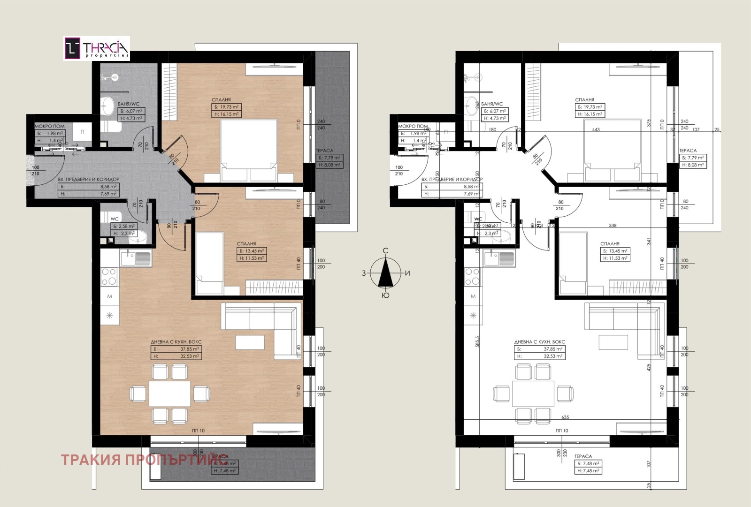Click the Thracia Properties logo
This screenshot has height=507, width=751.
pos(97,48)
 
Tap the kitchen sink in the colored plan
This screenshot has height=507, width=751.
pos(136,258)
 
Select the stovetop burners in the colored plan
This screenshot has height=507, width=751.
pos(109,276)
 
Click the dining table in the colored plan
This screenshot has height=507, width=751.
pos(169,393)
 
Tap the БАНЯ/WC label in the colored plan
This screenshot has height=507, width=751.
pos(128,104)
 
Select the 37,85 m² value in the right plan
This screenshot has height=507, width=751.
pos(553,349)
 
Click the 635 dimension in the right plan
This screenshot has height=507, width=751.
pos(565,417)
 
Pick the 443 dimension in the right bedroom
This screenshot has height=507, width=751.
pos(596,130)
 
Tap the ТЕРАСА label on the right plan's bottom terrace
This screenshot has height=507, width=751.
pos(583,456)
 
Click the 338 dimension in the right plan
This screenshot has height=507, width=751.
pos(613,226)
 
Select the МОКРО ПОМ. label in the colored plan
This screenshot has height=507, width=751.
pos(50,126)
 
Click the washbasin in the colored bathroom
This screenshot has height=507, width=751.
pos(108,105)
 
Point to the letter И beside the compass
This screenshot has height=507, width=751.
pos(407,273)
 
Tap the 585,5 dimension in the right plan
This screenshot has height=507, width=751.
pos(477,341)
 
